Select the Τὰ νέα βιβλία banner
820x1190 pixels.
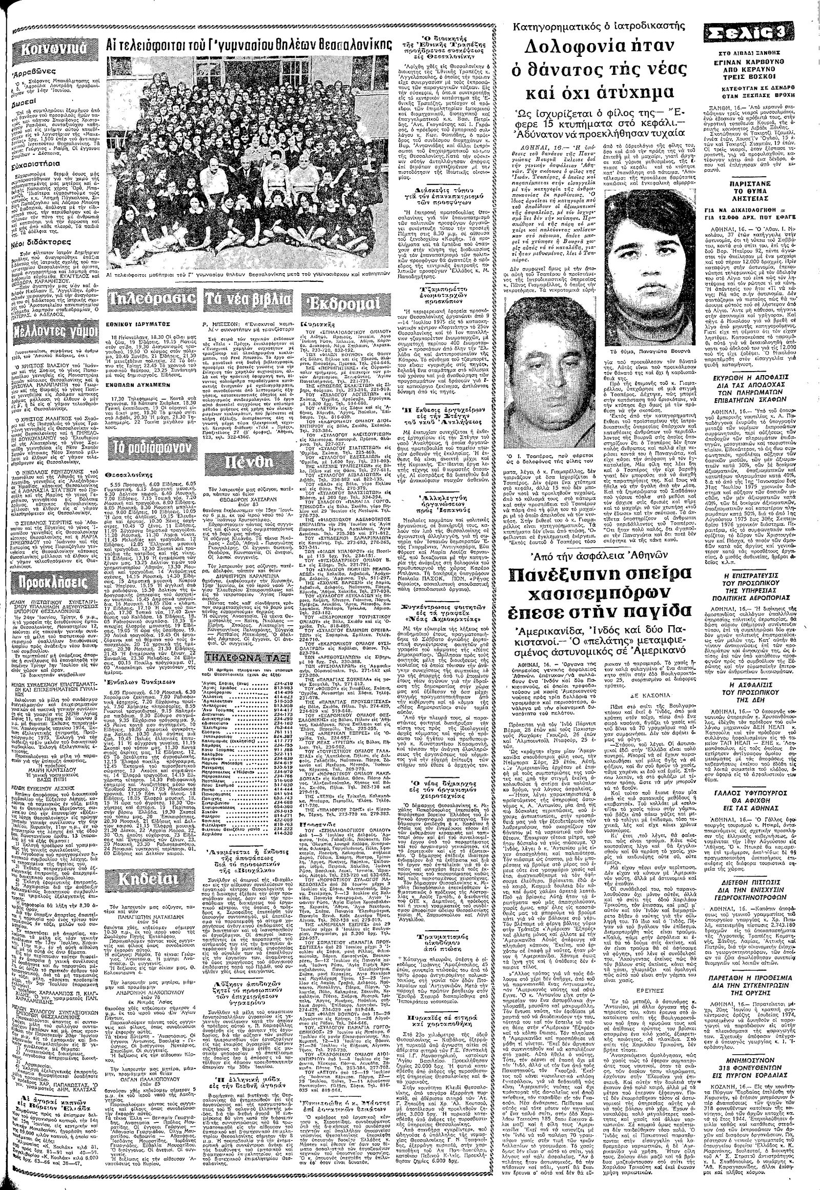click(x=245, y=300)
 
